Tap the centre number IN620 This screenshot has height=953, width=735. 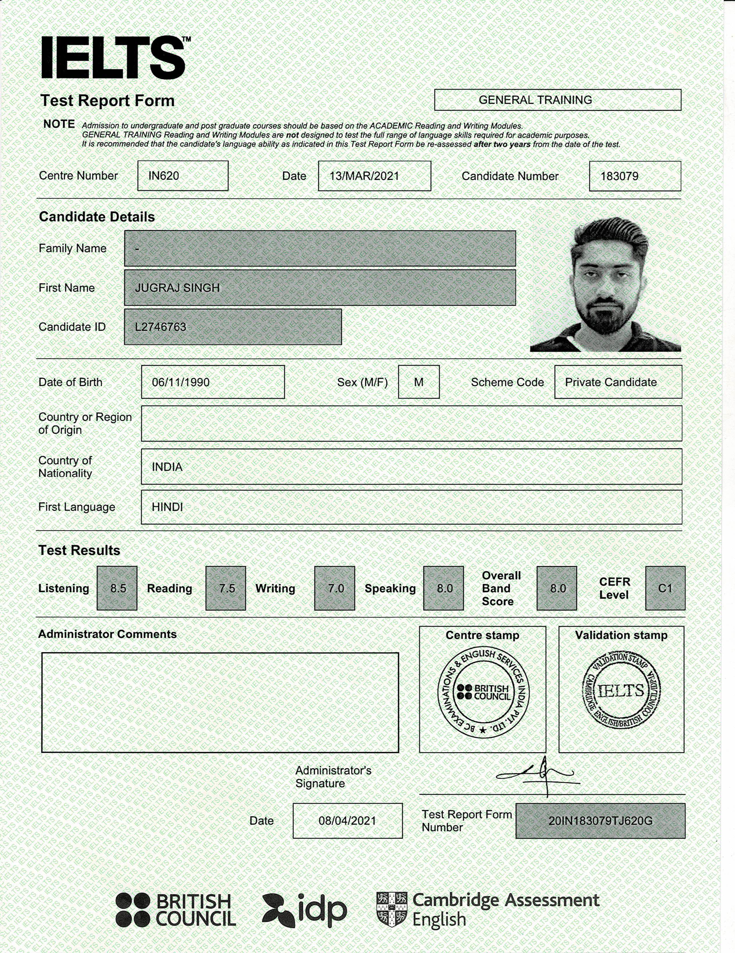tap(164, 176)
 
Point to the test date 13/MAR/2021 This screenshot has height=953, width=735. tap(364, 176)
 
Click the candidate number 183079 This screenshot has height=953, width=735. tap(619, 176)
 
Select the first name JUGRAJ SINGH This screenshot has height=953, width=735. tap(177, 287)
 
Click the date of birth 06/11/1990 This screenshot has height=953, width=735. tap(181, 382)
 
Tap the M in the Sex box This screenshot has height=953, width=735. tap(418, 382)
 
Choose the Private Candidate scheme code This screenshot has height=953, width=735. tap(610, 382)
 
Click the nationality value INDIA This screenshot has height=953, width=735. tap(167, 467)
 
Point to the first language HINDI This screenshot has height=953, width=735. tap(167, 507)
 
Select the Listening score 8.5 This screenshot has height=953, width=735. tap(118, 588)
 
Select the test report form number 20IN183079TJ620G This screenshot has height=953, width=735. tap(600, 821)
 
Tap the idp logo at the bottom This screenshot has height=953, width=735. tap(305, 910)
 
